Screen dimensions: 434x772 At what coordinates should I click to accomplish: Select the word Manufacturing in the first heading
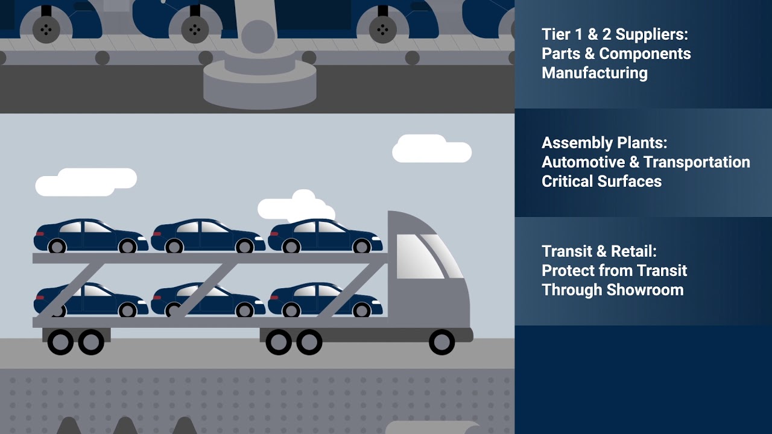tap(595, 73)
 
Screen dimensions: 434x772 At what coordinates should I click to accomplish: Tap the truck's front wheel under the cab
tap(441, 342)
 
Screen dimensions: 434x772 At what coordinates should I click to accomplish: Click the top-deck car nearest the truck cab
tap(325, 236)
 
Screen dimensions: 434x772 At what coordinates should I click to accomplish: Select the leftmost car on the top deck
tap(91, 236)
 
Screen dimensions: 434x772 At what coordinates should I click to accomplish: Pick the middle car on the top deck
tap(208, 236)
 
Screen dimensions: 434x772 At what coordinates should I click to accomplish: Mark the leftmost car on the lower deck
tap(91, 300)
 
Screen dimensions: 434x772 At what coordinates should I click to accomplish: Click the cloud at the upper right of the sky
tap(431, 149)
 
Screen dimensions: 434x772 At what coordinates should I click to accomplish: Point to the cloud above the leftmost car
tap(86, 181)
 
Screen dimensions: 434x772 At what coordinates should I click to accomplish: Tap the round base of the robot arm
tap(259, 84)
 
